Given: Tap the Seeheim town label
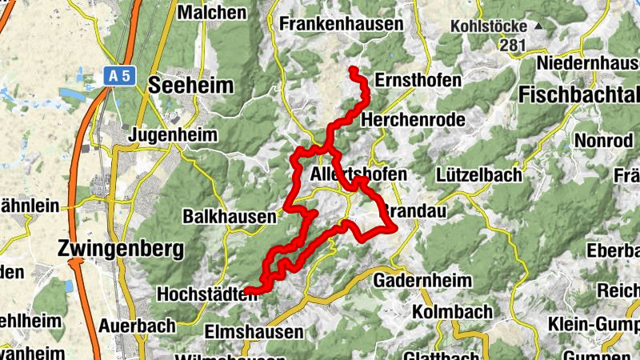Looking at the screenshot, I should click(x=190, y=86).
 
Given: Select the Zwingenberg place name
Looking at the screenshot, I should click(x=121, y=249).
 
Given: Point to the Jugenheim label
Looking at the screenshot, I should click(x=173, y=134).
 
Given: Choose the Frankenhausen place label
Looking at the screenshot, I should click(x=342, y=25).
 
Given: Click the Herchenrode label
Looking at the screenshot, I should click(x=414, y=119).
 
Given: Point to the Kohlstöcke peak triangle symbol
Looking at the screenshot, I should click(x=538, y=26).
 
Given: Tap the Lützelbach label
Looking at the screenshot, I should click(x=479, y=174).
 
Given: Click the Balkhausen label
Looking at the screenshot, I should click(x=230, y=217).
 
